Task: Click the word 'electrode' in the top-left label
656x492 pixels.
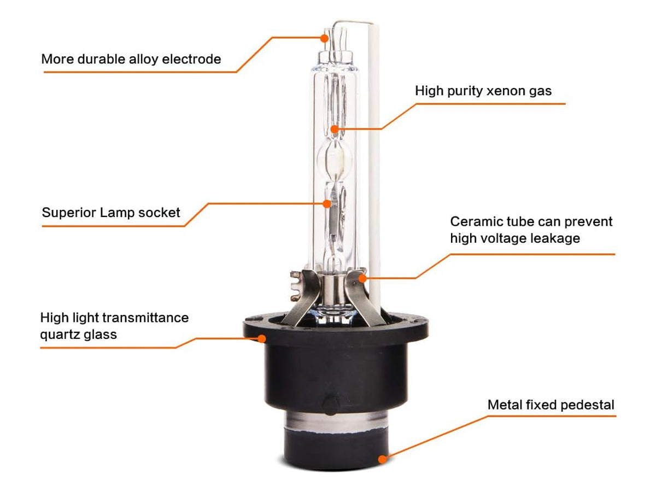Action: (x=191, y=59)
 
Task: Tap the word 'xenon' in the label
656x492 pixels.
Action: (x=505, y=91)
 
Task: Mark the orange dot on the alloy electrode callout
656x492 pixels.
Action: (x=324, y=38)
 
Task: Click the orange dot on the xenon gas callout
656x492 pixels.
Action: (x=335, y=129)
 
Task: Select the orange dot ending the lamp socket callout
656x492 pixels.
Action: (x=327, y=204)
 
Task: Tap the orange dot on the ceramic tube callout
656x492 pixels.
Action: (x=362, y=278)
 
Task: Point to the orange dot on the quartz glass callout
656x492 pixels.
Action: (x=262, y=338)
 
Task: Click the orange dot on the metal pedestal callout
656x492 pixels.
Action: (x=382, y=459)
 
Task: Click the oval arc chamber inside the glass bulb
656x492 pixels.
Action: (x=335, y=159)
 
